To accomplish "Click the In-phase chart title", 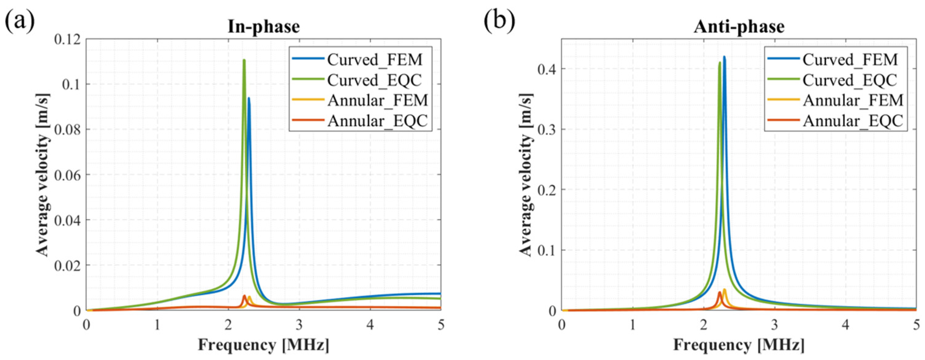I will (x=264, y=27).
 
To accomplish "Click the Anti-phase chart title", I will (x=739, y=27).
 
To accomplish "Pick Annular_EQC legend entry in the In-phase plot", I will (x=377, y=121).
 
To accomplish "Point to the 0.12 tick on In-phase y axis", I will (x=69, y=39).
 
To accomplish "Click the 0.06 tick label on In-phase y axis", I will (x=69, y=175).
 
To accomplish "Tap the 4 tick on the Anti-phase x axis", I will (x=846, y=325).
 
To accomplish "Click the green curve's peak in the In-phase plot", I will (x=244, y=60).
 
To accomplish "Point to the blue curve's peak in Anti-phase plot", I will (x=724, y=57).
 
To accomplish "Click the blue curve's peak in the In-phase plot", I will (x=249, y=98).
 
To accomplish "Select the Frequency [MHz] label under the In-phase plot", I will (x=264, y=345).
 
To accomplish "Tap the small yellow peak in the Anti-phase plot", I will (x=724, y=289).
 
